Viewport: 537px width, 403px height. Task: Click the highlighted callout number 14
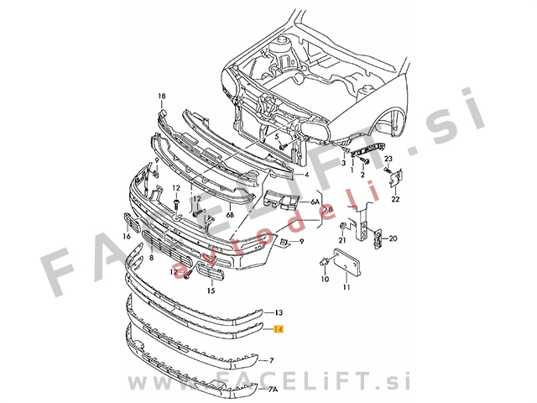[x=279, y=329]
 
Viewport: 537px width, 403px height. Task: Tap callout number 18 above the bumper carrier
[x=162, y=96]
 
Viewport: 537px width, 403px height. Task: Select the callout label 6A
[x=315, y=201]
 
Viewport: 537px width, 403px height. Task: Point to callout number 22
[x=395, y=199]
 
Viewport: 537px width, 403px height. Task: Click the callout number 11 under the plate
[x=347, y=287]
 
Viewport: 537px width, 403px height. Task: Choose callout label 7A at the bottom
[x=273, y=390]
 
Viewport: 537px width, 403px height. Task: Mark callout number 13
[x=279, y=312]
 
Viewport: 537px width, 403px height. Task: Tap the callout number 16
[x=127, y=236]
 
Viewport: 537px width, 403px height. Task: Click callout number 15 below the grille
[x=211, y=291]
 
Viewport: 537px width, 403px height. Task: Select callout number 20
[x=393, y=238]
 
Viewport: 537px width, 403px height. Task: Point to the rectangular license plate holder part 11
[x=347, y=262]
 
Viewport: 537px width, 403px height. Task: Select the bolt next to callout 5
[x=283, y=147]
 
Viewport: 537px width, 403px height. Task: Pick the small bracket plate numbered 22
[x=396, y=178]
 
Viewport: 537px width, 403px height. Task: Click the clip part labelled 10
[x=324, y=262]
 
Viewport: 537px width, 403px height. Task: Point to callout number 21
[x=342, y=240]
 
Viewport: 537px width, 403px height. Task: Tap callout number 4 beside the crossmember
[x=306, y=175]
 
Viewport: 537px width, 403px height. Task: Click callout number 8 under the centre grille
[x=151, y=257]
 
